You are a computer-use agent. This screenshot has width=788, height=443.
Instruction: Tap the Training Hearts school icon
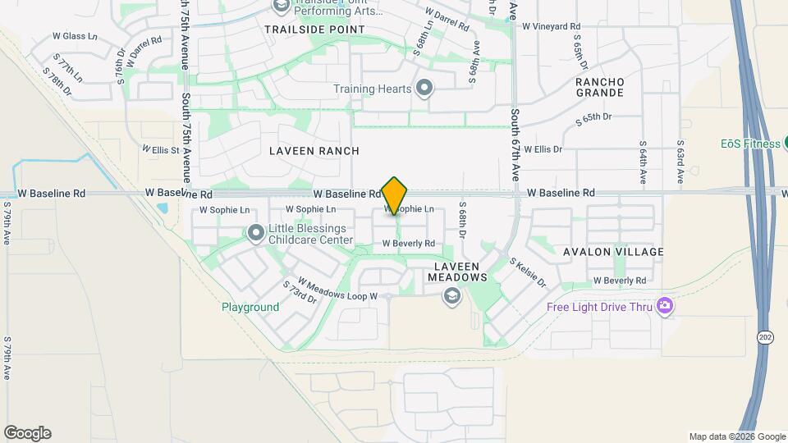pos(424,88)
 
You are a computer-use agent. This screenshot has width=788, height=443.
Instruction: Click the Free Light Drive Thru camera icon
pos(665,307)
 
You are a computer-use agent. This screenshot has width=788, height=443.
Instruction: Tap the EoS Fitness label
pos(750,144)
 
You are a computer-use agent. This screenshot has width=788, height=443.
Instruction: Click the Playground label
pos(250,308)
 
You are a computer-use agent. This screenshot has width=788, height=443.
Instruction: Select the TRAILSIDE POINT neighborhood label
pos(314,30)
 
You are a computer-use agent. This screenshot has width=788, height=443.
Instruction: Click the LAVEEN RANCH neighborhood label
pos(314,151)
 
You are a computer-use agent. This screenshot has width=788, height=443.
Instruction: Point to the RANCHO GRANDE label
pos(600,88)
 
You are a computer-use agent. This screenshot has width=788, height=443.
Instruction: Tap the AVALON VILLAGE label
pos(613,252)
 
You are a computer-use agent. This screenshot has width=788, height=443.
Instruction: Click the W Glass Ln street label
pos(75,37)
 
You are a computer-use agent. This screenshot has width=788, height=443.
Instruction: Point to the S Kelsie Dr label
pos(528,272)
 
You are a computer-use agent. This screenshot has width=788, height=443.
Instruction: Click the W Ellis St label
pos(160,150)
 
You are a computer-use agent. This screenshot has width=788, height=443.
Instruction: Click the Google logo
pos(27,433)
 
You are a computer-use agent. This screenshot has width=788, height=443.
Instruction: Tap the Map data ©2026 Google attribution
pos(737,436)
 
